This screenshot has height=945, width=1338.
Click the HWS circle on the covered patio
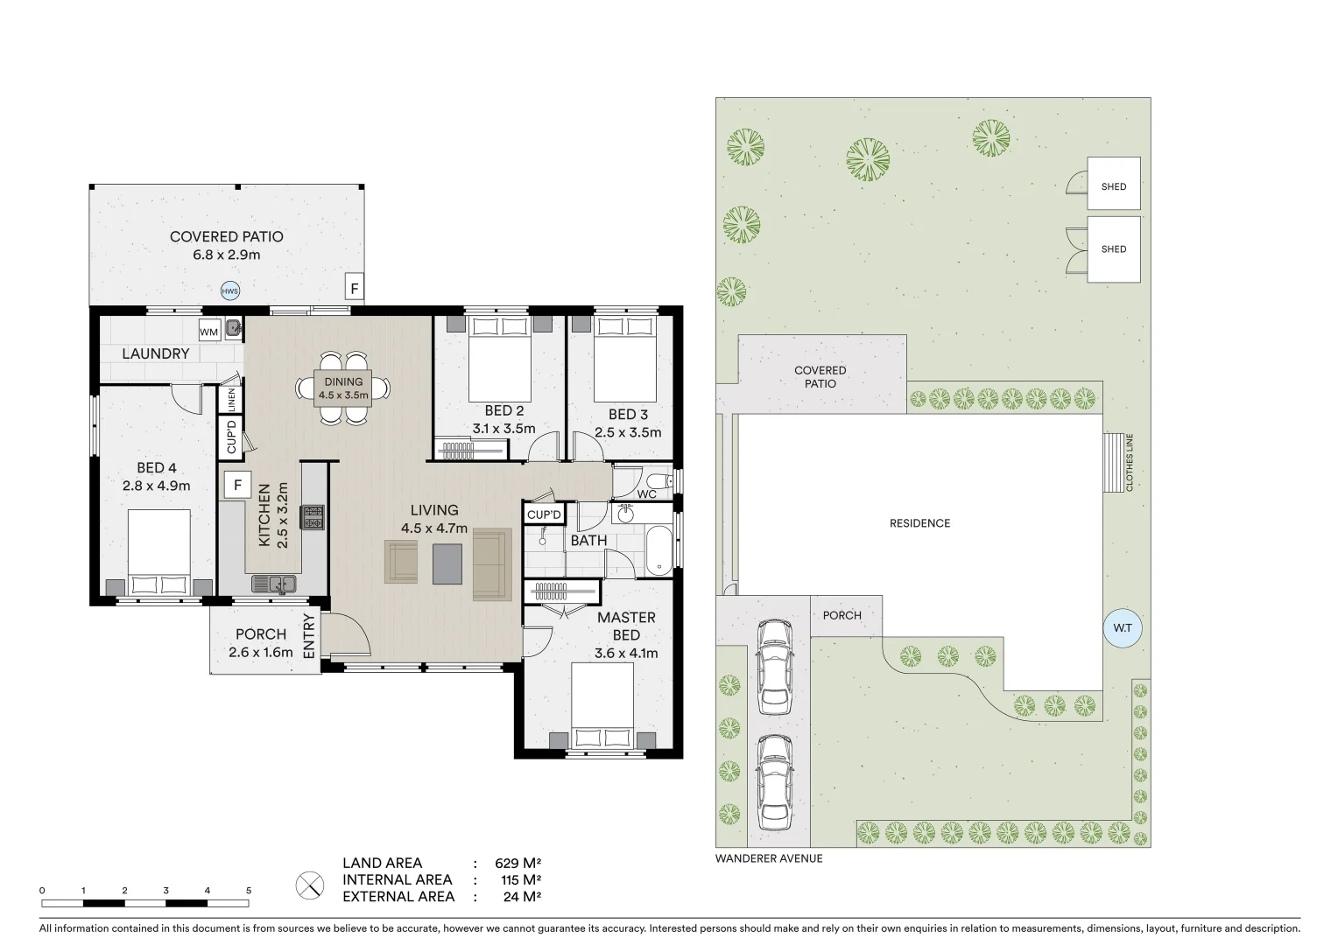pos(229,291)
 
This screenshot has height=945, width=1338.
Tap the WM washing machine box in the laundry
pos(208,332)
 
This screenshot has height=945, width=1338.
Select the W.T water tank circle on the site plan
pos(1123,628)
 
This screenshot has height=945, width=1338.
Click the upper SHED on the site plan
pos(1113,185)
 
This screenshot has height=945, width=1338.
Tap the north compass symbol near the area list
pos(309,885)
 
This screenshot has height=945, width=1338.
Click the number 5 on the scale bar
pos(249,891)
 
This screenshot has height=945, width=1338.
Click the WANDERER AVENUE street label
pos(769,858)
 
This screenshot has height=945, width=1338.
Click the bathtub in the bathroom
pos(658,550)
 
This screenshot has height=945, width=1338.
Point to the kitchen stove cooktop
pos(313,517)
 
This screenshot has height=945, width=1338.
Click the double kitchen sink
pos(274,583)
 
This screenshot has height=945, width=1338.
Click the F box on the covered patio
pos(354,288)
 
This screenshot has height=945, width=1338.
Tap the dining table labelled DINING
pos(342,388)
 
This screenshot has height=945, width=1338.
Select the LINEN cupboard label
pos(231,400)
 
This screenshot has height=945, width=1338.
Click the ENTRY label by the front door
pos(308,636)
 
